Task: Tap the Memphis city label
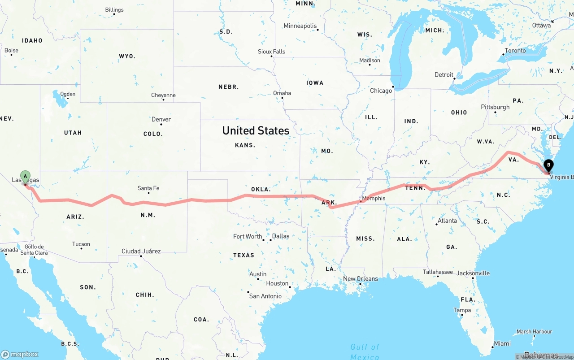tap(374, 198)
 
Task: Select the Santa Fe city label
tap(148, 188)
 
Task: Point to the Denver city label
tap(161, 119)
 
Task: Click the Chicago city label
tap(381, 91)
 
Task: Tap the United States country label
tap(256, 130)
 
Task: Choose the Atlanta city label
tap(448, 221)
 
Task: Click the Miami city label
tap(502, 343)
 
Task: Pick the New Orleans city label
tap(361, 278)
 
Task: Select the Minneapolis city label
tap(300, 26)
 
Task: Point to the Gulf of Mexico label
tap(365, 351)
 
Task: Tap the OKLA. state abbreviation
tap(260, 189)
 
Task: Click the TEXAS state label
tap(244, 255)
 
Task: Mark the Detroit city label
tap(444, 75)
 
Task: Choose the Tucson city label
tap(81, 244)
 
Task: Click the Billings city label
tap(114, 10)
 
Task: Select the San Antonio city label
tap(265, 296)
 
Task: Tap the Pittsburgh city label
tap(495, 107)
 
